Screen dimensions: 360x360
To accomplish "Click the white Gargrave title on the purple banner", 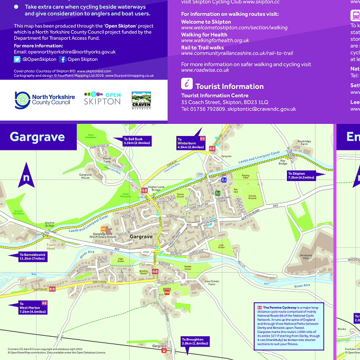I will [37, 137].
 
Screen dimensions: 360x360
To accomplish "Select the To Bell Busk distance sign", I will [136, 141].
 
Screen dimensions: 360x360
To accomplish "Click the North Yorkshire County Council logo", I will [42, 99].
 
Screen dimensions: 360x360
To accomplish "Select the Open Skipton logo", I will [102, 98].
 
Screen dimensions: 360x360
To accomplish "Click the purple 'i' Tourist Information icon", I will [187, 83].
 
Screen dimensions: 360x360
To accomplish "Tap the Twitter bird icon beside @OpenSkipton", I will [17, 59].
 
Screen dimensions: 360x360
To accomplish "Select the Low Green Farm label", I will [211, 283].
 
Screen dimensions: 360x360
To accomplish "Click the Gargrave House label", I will [86, 176].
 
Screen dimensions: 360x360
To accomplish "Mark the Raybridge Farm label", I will [304, 143].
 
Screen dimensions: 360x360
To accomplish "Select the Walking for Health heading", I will [204, 34].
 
